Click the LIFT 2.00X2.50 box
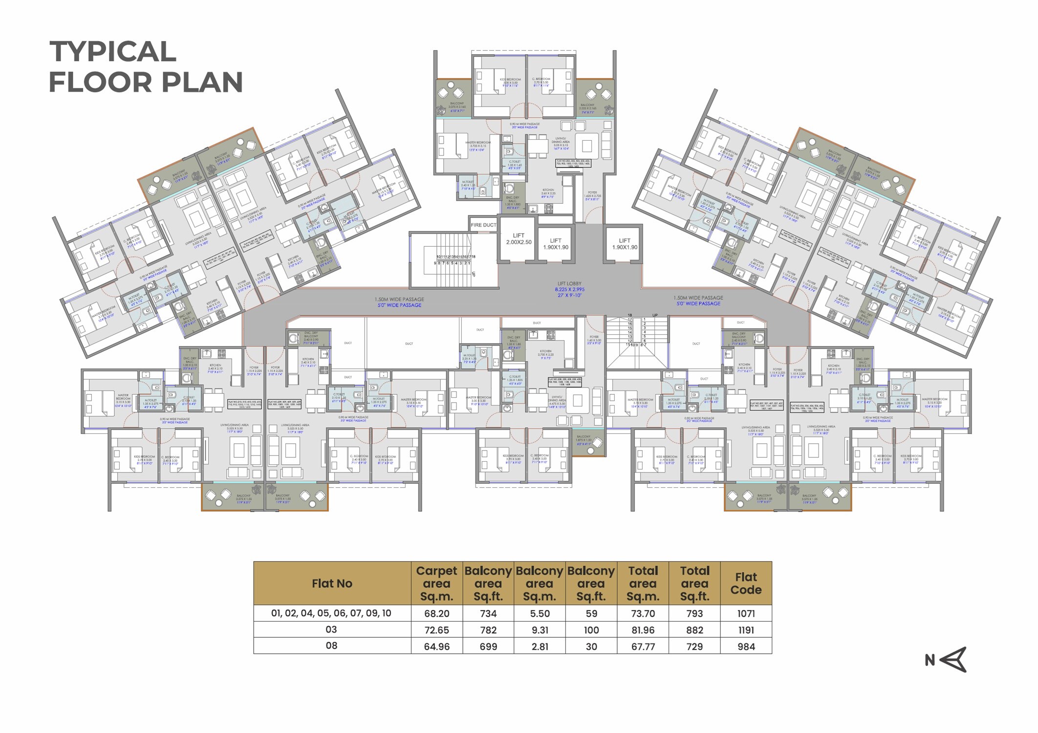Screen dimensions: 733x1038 [x=518, y=239]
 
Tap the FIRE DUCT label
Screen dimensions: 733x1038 [x=483, y=225]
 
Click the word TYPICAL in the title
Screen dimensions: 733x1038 [x=112, y=51]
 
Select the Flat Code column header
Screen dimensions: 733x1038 [x=746, y=583]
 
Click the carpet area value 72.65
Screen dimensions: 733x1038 [x=436, y=630]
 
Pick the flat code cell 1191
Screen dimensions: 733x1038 [x=746, y=630]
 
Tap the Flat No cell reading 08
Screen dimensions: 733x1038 [x=331, y=646]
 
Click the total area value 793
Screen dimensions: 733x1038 [x=694, y=613]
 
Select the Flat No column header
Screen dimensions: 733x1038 [x=332, y=583]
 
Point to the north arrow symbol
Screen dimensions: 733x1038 [x=953, y=660]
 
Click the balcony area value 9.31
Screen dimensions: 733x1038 [x=540, y=630]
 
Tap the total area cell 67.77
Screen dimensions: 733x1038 [x=643, y=647]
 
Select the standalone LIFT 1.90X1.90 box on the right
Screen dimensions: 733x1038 [x=624, y=244]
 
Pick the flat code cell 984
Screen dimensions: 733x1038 [x=746, y=647]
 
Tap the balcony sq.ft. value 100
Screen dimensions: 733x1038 [x=591, y=630]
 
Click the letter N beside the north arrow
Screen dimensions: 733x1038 [x=930, y=660]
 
